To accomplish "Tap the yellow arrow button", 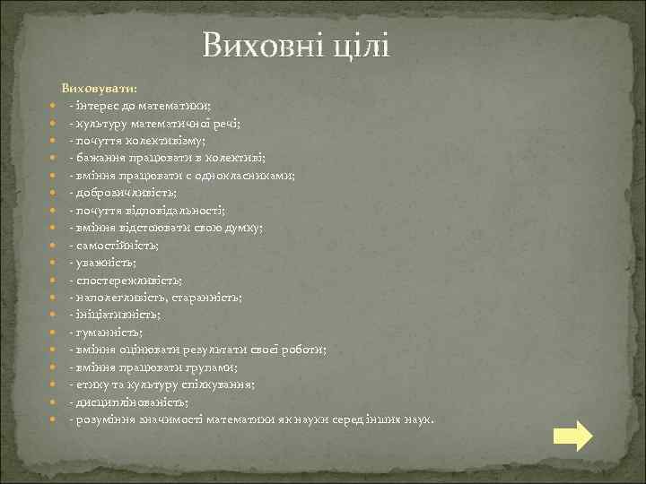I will (x=572, y=436).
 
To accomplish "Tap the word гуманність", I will (x=109, y=332).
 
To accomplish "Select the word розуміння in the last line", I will (x=102, y=419).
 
